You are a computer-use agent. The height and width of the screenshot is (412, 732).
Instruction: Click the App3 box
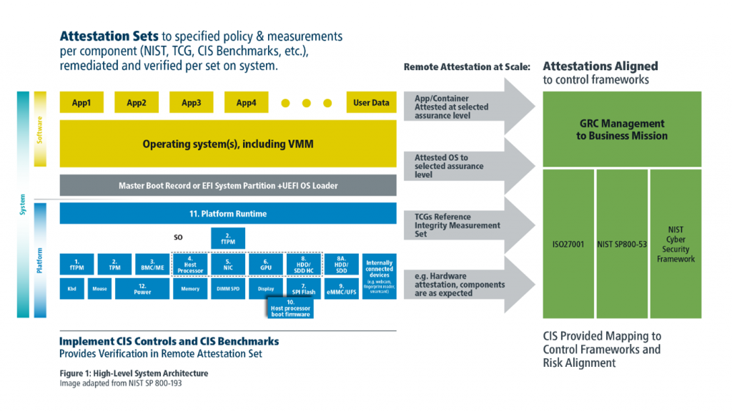pos(192,102)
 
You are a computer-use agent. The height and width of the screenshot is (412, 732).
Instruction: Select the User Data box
pos(371,102)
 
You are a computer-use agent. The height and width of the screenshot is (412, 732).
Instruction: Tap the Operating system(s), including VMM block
pos(228,144)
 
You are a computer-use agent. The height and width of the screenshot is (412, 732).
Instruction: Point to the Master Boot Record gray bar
pos(228,185)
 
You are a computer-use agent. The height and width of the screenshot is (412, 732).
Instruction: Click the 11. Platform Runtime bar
pos(228,213)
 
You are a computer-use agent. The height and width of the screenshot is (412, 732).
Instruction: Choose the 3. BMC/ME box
pos(148,265)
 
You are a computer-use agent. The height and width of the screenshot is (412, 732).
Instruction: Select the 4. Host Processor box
pos(191,265)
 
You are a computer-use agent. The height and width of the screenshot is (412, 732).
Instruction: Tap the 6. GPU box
pos(265,265)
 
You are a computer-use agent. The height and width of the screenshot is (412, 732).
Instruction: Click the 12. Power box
pos(142,288)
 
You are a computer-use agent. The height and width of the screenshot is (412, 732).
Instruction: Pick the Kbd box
pos(72,288)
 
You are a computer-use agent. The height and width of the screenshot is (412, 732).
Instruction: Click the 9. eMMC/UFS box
pos(340,288)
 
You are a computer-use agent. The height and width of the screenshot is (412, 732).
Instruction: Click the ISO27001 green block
pos(568,243)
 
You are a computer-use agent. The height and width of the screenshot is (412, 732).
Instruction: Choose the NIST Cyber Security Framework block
pos(676,243)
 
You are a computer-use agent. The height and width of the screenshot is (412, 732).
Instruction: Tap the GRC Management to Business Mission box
pos(622,129)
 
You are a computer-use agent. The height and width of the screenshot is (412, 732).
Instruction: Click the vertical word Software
pos(40,129)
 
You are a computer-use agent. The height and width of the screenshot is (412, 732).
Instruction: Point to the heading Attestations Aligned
pos(600,66)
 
